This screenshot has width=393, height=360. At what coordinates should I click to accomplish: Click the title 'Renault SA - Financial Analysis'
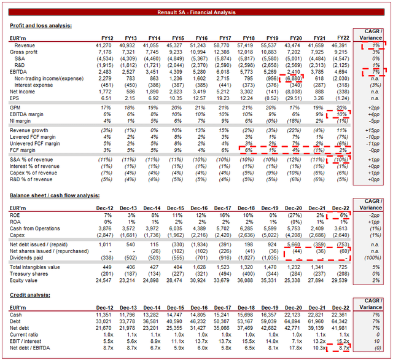click(x=196, y=12)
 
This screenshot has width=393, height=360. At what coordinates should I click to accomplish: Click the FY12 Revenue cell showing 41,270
click(x=104, y=46)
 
